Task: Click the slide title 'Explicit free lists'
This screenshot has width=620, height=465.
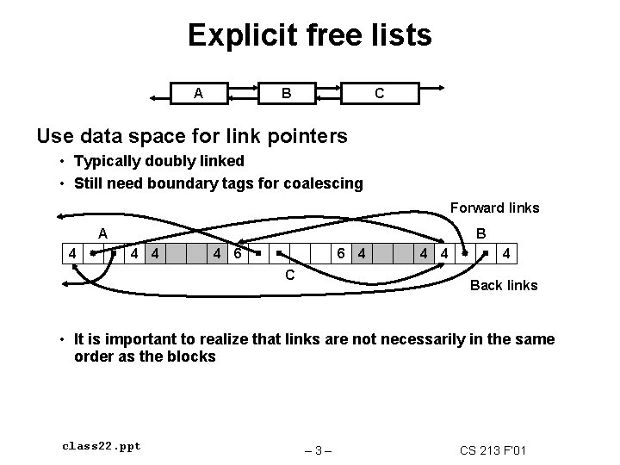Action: tap(309, 35)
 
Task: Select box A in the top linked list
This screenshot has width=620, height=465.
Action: tap(199, 93)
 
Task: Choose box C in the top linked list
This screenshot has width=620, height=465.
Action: tap(379, 93)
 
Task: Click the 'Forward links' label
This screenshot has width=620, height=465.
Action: tap(494, 208)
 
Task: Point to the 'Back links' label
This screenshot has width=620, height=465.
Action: tap(503, 285)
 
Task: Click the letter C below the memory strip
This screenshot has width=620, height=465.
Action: tap(290, 276)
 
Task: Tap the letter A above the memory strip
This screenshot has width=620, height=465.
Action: tap(102, 232)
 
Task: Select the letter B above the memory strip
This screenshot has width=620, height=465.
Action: tap(481, 232)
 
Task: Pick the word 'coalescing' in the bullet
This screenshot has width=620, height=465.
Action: tap(326, 183)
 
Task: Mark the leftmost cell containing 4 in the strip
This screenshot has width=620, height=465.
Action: tap(76, 254)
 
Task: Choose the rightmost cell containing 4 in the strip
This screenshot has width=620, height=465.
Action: tap(508, 254)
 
